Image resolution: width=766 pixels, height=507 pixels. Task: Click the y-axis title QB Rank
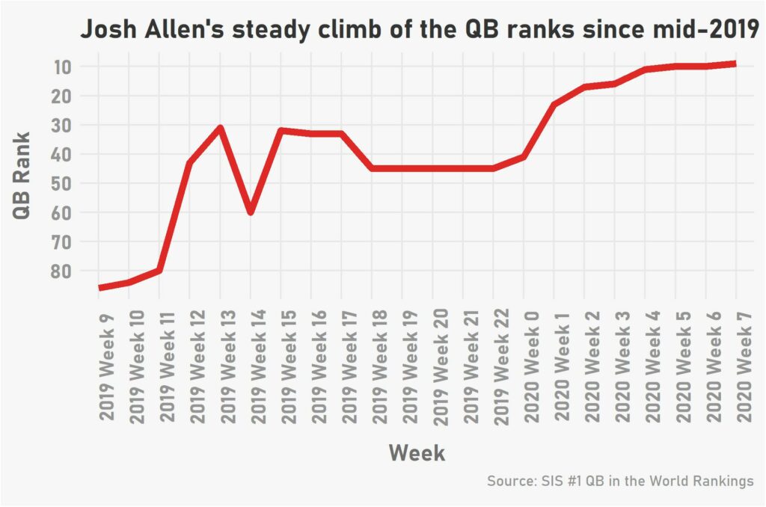[22, 176]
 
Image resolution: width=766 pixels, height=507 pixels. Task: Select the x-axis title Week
[417, 452]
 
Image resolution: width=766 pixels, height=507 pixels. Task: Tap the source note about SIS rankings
[620, 481]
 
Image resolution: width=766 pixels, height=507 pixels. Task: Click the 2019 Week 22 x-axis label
[502, 353]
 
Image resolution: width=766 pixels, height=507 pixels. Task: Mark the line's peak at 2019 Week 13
[220, 128]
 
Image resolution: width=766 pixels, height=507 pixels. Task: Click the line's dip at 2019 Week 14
[251, 212]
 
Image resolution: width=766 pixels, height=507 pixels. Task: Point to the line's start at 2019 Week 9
[99, 288]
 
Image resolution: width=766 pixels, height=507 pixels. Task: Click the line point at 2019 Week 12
[190, 162]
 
